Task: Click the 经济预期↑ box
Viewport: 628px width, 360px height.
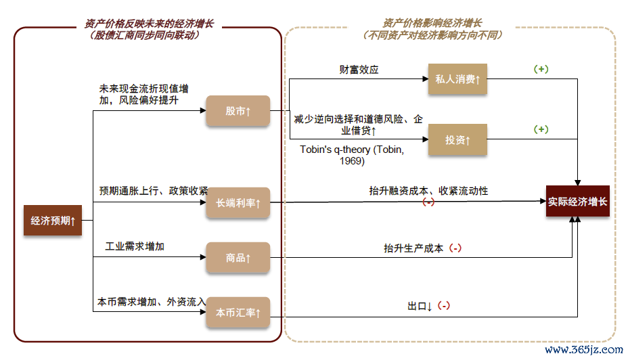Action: [x=53, y=221]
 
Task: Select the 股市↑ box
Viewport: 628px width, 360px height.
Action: [x=238, y=111]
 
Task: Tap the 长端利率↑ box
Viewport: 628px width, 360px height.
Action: [x=238, y=202]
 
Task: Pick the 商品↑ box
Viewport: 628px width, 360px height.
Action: [x=238, y=258]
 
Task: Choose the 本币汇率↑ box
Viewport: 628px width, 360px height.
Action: [x=238, y=313]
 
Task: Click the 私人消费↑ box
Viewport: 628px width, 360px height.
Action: [x=457, y=79]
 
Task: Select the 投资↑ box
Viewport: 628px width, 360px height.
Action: [x=457, y=140]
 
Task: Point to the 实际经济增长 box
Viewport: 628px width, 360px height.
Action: [x=578, y=201]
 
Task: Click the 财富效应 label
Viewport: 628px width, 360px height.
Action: [x=359, y=69]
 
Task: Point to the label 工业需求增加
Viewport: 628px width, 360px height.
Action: [x=135, y=246]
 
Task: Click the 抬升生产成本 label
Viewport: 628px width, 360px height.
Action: [x=413, y=248]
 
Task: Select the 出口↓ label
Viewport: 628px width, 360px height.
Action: [x=420, y=306]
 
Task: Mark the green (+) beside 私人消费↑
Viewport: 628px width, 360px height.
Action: [x=541, y=70]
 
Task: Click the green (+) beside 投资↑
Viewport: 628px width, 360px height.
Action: [x=541, y=129]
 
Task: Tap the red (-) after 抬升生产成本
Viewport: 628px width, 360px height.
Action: [x=455, y=248]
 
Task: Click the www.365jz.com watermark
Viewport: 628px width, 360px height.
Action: [x=583, y=350]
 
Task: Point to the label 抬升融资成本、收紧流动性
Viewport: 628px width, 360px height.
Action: [x=428, y=191]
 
